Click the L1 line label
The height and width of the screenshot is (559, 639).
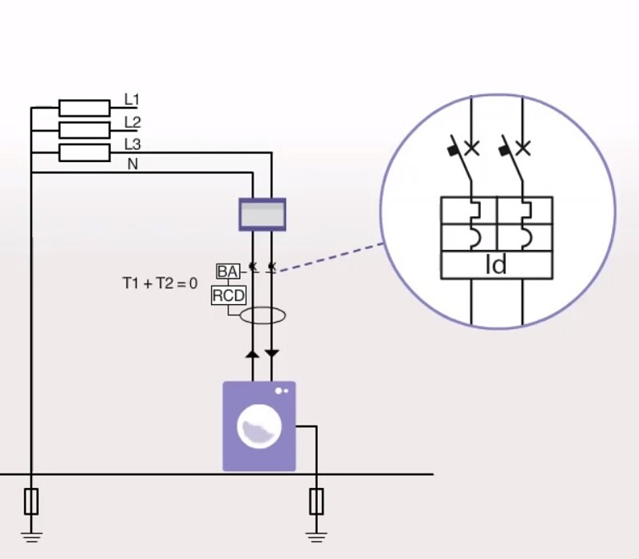pos(132,100)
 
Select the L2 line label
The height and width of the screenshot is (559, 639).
pos(132,122)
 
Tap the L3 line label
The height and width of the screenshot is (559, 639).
pos(132,145)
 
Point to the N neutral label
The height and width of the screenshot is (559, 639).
pos(132,164)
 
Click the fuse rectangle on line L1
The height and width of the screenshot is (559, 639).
pos(85,108)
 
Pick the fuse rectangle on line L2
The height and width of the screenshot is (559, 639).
pos(85,130)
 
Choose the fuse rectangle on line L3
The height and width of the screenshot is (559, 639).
pos(85,153)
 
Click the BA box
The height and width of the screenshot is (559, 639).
pos(228,272)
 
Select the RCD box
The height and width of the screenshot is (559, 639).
pos(228,296)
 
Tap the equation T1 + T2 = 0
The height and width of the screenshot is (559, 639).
pos(159,283)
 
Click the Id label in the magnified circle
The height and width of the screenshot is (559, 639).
pos(496,265)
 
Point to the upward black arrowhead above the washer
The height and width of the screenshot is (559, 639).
pos(252,352)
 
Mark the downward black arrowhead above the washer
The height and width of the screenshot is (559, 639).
pos(272,352)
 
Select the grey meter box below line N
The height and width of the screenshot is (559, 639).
pos(262,214)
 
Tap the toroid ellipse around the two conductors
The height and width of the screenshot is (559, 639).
pos(263,315)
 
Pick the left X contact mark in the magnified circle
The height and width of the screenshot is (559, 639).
pos(472,148)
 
